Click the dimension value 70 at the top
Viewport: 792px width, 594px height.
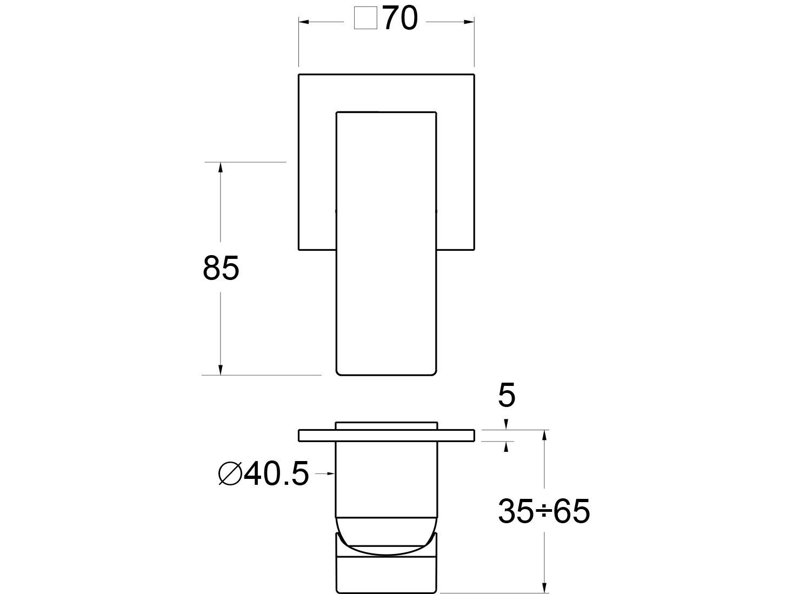click(401, 21)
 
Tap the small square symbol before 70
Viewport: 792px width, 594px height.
click(365, 21)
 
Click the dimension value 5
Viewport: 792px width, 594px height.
click(507, 396)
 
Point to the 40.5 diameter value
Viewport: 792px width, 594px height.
click(276, 474)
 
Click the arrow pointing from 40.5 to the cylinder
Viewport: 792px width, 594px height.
click(331, 474)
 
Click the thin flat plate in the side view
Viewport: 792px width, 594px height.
click(387, 436)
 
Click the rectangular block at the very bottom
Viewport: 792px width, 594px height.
click(387, 573)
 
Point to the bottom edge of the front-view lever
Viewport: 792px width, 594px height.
click(386, 374)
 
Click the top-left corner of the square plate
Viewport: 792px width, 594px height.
click(299, 74)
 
